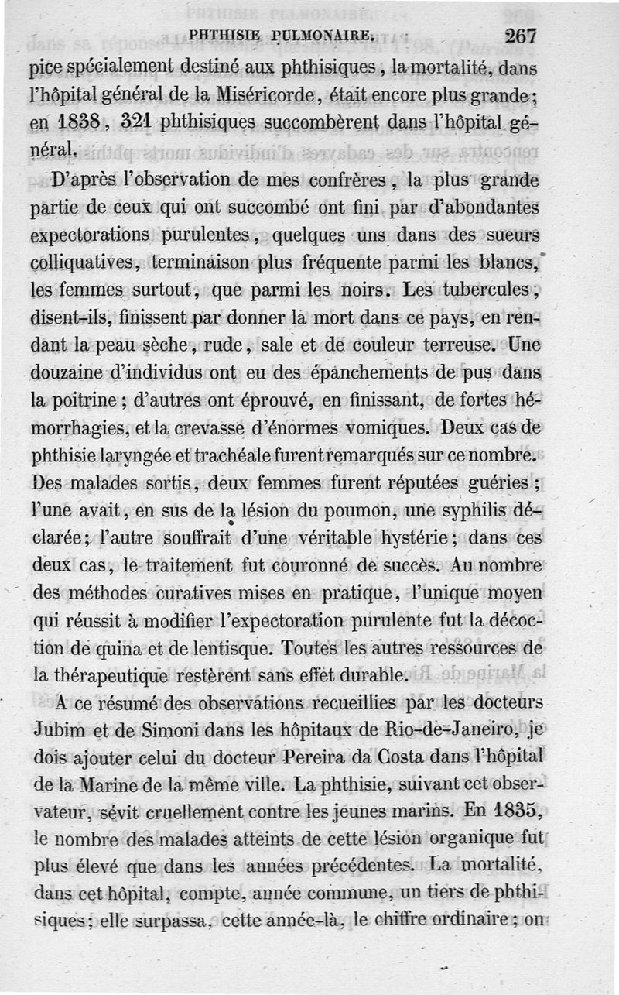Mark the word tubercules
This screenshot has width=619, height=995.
(x=483, y=291)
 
